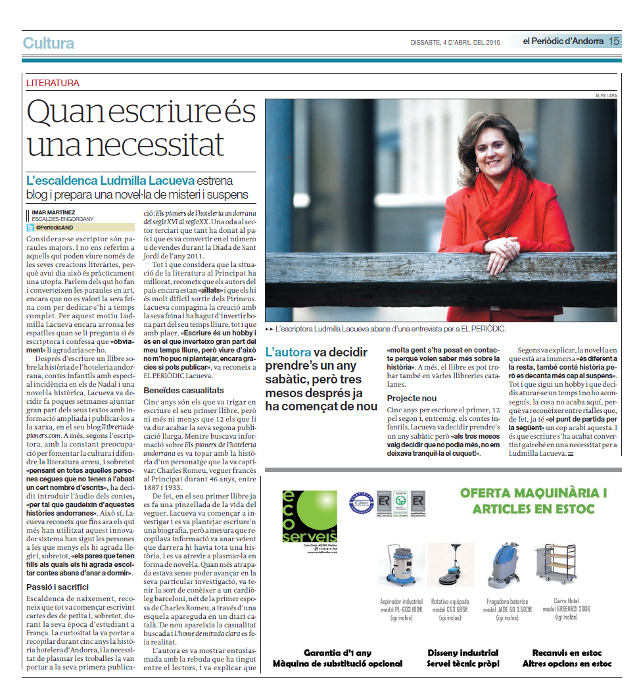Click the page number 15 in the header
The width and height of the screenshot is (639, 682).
point(613,41)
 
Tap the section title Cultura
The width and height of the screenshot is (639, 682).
point(48,43)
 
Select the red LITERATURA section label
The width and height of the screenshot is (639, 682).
point(53,84)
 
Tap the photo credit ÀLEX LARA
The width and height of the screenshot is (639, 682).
point(604,96)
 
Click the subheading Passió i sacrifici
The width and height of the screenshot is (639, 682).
point(57,586)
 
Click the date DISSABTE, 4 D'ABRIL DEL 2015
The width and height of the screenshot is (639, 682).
point(456,43)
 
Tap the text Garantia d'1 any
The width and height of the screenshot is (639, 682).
point(337,652)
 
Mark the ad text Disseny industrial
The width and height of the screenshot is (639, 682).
point(463,652)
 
